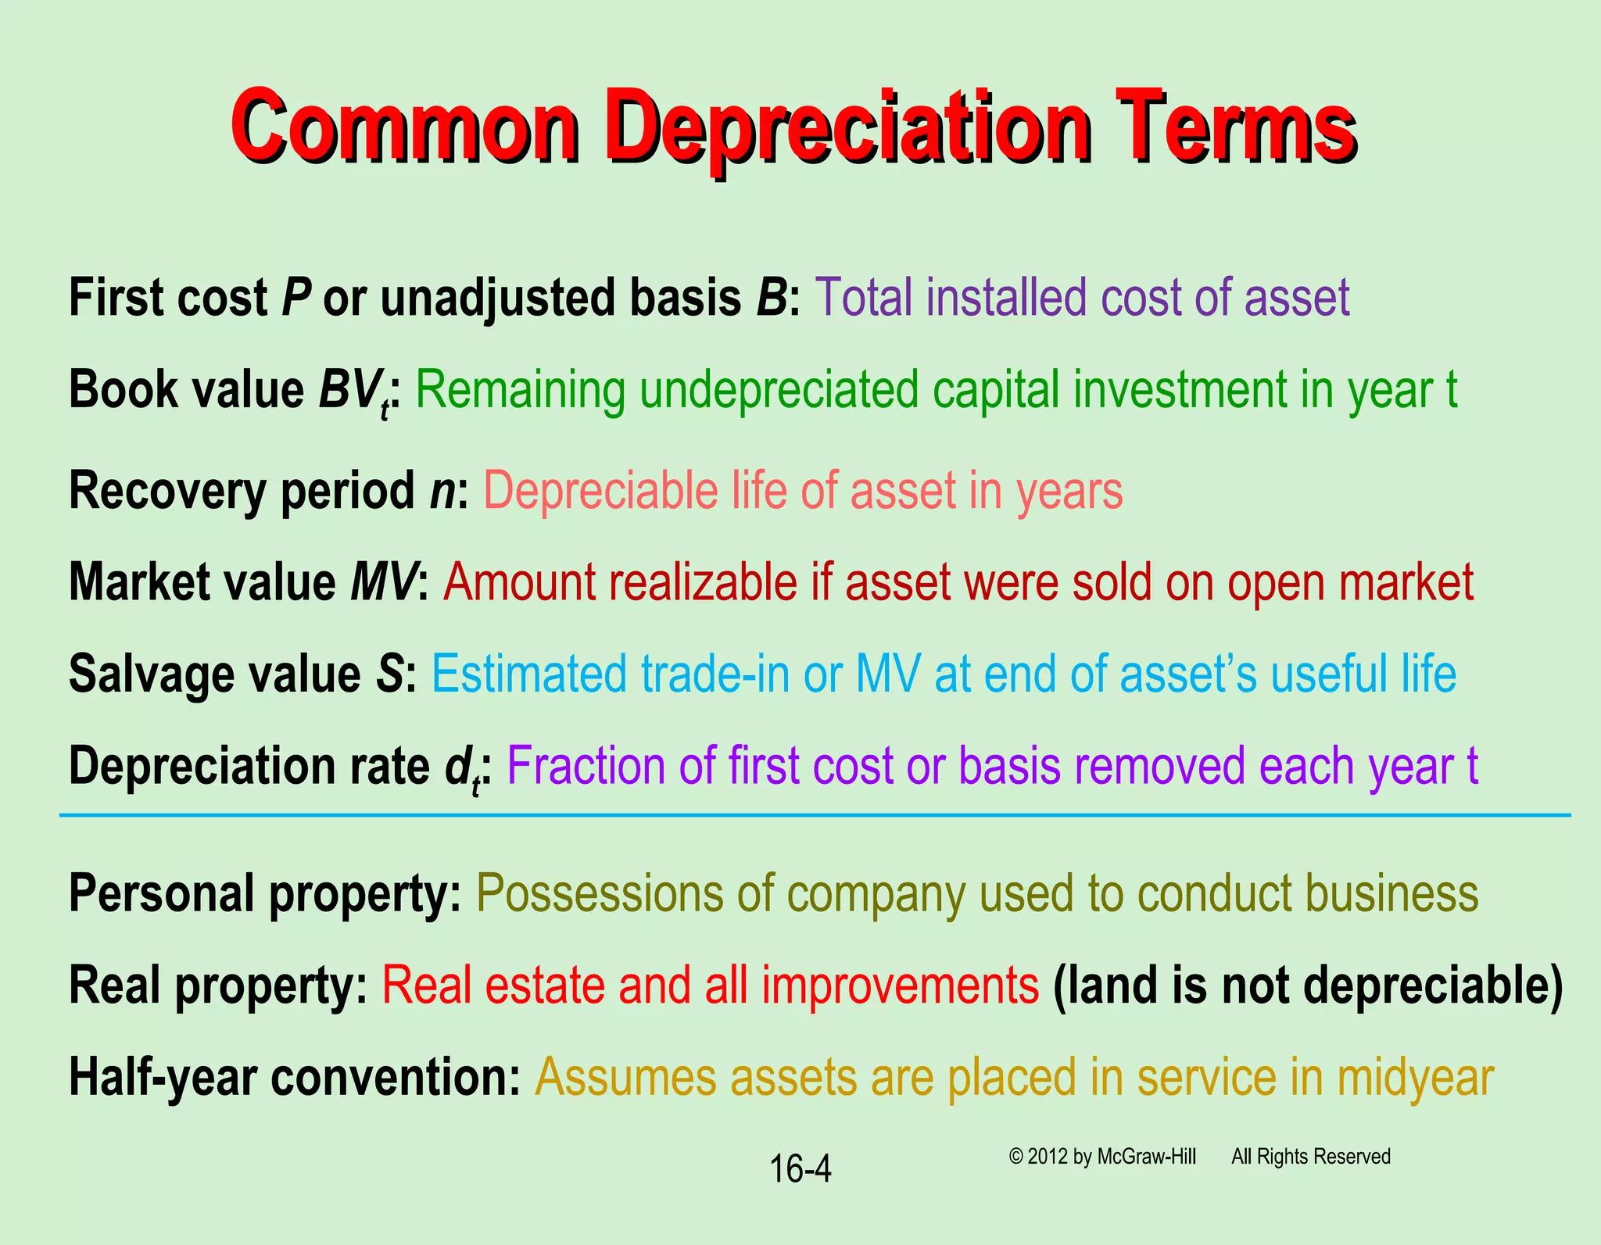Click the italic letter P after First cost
296,298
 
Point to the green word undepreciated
778,390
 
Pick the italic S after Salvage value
390,674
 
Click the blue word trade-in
715,674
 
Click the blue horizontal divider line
813,815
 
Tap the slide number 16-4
800,1169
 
